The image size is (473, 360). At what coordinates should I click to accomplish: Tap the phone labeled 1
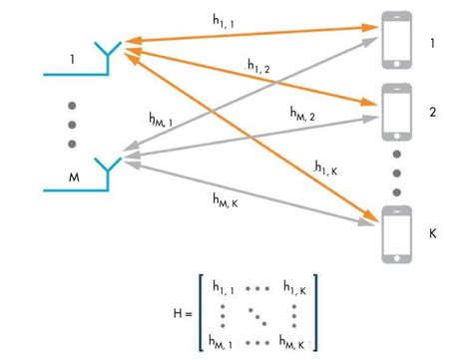[x=396, y=37]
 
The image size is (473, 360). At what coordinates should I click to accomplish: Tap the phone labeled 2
[x=396, y=112]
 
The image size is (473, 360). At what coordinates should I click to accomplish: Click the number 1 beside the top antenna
[x=71, y=60]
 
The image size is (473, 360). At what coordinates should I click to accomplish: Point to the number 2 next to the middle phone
[x=432, y=113]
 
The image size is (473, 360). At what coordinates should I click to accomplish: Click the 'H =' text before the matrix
[x=183, y=314]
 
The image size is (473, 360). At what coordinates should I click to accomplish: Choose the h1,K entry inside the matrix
[x=294, y=289]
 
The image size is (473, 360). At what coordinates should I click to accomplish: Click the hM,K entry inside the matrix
[x=295, y=342]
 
